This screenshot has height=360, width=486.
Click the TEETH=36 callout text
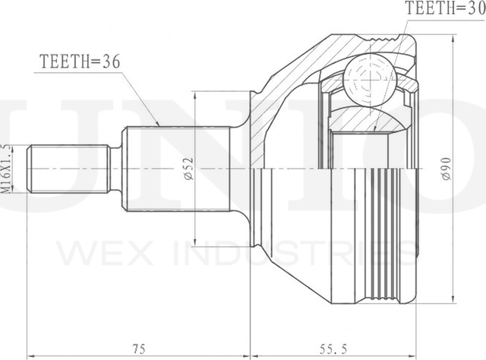pyautogui.click(x=80, y=62)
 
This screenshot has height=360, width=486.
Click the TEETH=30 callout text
pyautogui.click(x=446, y=8)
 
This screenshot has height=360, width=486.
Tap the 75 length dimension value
pyautogui.click(x=138, y=349)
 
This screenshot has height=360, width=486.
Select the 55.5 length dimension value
pyautogui.click(x=333, y=349)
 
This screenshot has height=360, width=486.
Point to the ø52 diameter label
pyautogui.click(x=188, y=169)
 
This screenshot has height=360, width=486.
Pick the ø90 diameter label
pyautogui.click(x=447, y=169)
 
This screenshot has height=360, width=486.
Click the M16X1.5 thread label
pyautogui.click(x=6, y=169)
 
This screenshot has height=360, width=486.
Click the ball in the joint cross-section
pyautogui.click(x=371, y=80)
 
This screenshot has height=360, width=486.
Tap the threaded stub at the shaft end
pyautogui.click(x=69, y=169)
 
